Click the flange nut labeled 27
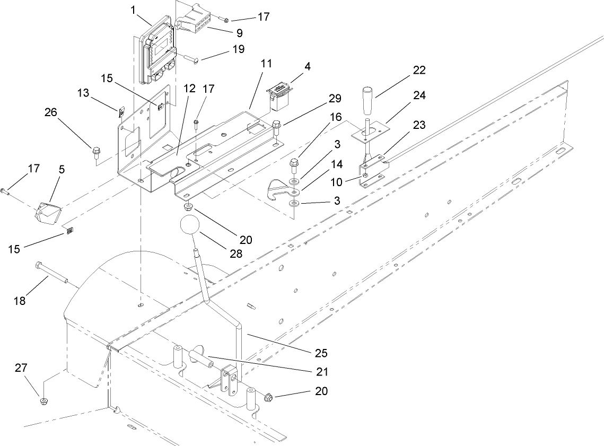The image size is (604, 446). pyautogui.click(x=42, y=399)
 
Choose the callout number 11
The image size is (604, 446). pyautogui.click(x=266, y=63)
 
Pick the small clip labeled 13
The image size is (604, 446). pyautogui.click(x=121, y=111)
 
